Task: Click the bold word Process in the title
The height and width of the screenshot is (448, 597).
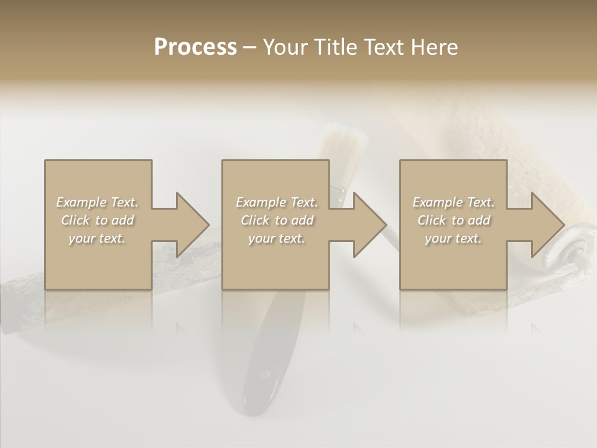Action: pos(195,47)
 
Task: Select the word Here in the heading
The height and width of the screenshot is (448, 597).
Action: pos(434,47)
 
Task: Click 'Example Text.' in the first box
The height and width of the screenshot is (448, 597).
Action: pos(97,202)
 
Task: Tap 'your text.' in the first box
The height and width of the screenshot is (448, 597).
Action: pos(97,238)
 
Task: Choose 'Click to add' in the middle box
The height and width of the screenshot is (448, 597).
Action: pos(277,220)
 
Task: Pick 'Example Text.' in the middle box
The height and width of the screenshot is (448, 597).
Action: pos(277,202)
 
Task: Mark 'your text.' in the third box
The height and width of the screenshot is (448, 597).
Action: pos(453,238)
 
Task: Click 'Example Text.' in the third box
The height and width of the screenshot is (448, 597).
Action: pos(453,202)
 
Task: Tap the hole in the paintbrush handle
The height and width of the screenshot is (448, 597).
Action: pos(266,375)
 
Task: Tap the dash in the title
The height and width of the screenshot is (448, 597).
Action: pos(250,47)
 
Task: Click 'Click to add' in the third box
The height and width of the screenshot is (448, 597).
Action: pos(453,220)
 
